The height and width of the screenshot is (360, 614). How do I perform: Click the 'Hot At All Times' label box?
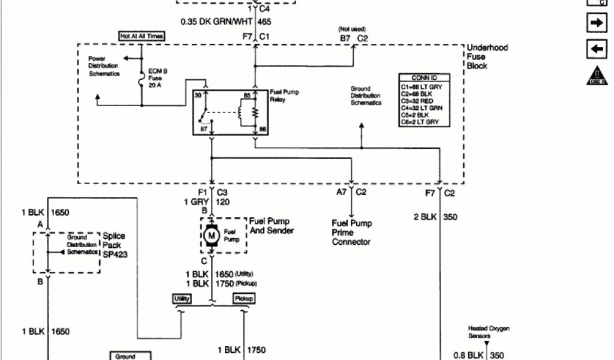[x=142, y=36]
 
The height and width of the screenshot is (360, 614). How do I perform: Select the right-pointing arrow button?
[x=597, y=23]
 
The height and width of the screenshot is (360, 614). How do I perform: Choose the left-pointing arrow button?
[x=597, y=49]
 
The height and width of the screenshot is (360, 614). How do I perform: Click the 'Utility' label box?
[x=181, y=298]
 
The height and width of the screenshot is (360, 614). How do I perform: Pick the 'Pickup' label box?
[x=244, y=298]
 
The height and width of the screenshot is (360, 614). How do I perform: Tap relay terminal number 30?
[x=198, y=94]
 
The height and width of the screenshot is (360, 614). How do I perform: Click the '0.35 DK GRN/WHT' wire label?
[x=217, y=22]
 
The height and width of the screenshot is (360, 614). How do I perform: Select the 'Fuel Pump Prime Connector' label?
[x=351, y=232]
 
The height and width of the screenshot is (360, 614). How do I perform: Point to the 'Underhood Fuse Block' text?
[x=487, y=56]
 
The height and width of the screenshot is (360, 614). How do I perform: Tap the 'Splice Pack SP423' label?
[x=115, y=245]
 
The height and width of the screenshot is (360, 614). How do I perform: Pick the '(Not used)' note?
[x=352, y=29]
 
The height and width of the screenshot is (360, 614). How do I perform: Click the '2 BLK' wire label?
[x=424, y=217]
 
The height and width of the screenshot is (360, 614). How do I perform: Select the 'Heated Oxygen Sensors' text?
[x=489, y=332]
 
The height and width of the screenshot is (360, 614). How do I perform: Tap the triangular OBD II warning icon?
[x=597, y=74]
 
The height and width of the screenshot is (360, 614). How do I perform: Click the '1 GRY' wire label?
[x=195, y=202]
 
